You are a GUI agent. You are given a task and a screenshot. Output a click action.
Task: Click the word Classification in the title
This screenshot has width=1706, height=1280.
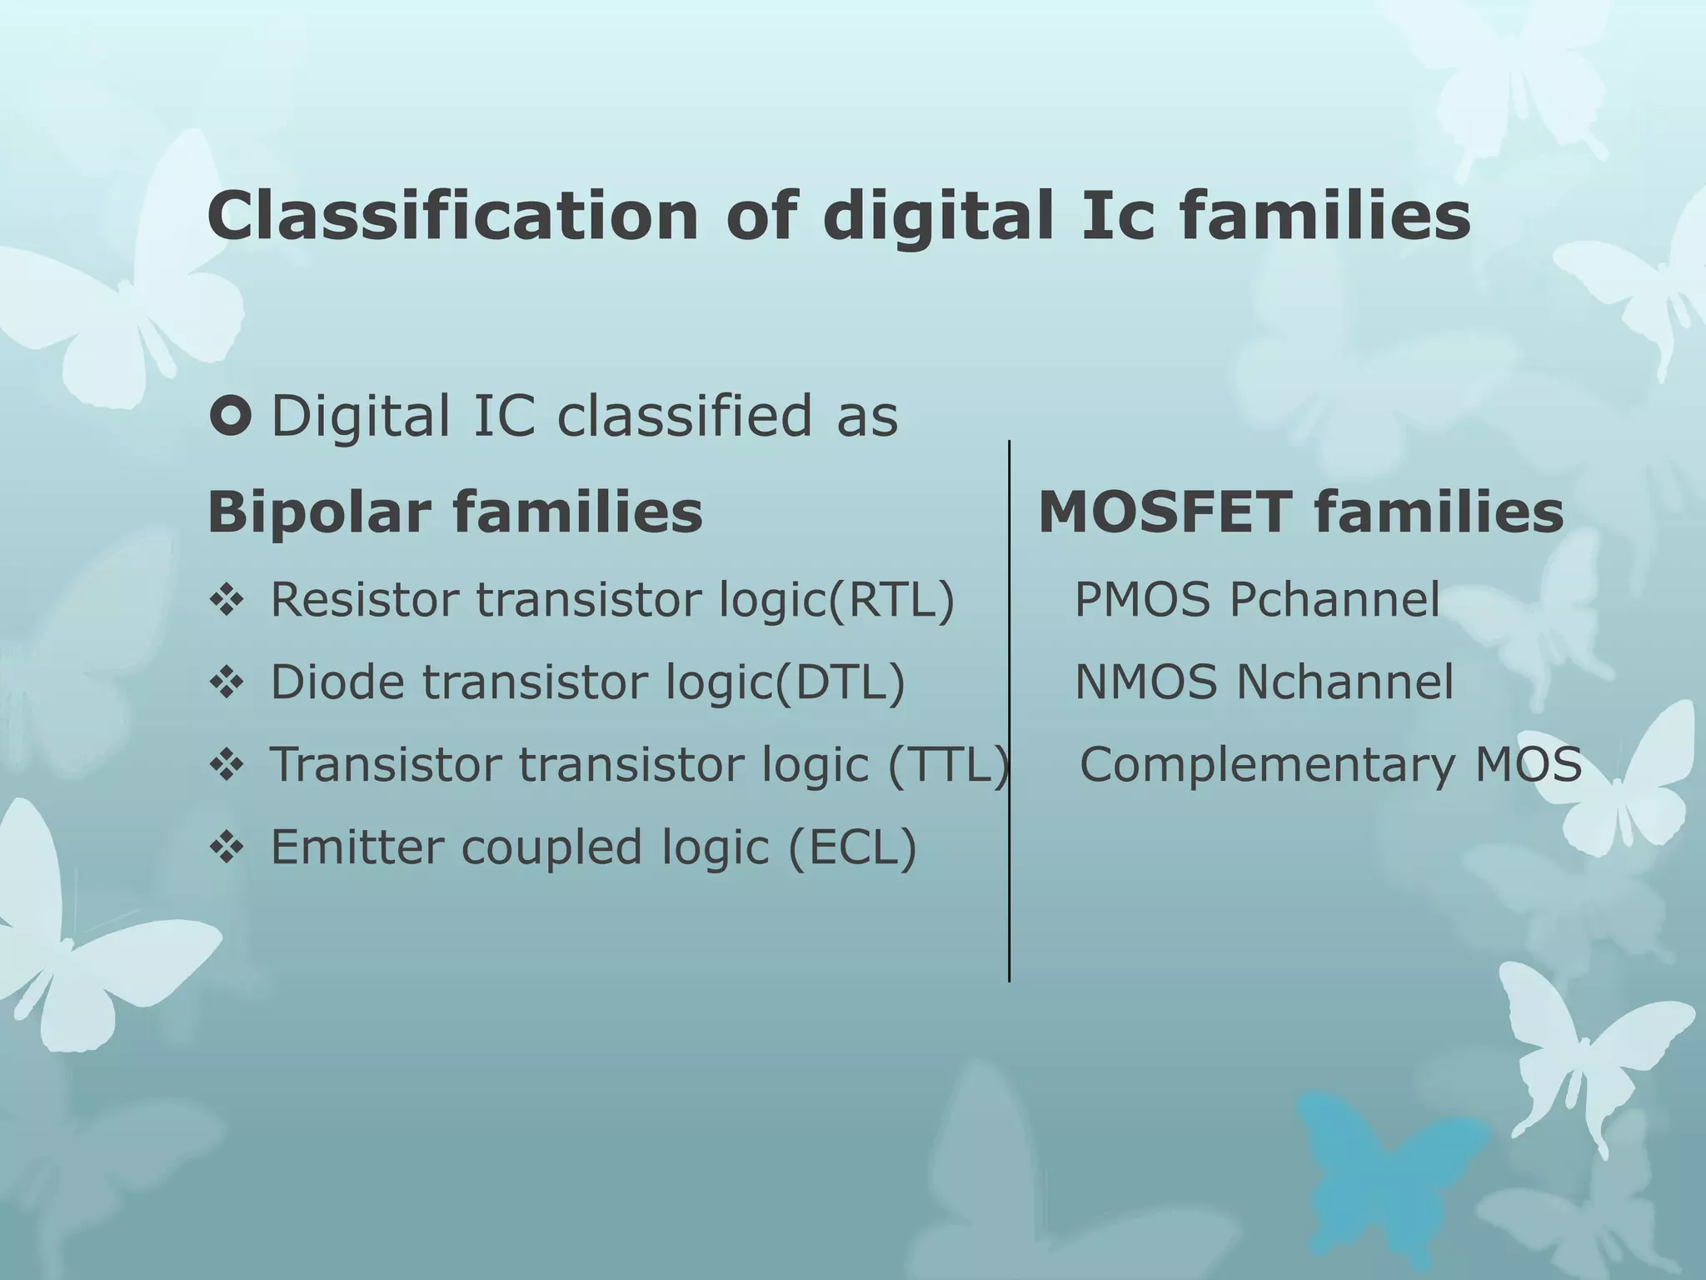(452, 216)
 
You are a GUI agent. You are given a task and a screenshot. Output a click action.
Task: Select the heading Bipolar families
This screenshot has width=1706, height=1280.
(455, 512)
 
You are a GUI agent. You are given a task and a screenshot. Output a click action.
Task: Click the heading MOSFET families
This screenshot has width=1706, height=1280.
(1300, 512)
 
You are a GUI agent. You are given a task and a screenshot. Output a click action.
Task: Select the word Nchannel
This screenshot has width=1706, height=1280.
(1344, 682)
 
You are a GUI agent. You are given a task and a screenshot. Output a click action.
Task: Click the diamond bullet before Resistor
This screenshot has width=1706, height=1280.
(227, 600)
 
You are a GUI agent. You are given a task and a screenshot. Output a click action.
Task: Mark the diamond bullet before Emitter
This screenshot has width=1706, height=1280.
(227, 848)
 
